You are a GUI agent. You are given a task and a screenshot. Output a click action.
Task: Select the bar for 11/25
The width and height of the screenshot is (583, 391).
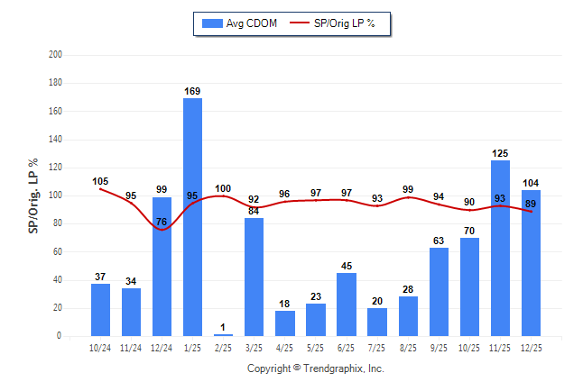[x=500, y=248]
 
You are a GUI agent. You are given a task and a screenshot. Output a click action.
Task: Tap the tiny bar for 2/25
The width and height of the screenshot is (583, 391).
[x=223, y=335]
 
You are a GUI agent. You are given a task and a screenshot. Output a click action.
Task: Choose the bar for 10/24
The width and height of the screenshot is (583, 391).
[x=100, y=310]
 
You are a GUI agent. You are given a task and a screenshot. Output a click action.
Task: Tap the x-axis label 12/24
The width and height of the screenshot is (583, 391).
[x=162, y=347]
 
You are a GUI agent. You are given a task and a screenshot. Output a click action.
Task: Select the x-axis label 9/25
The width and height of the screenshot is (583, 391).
[x=439, y=347]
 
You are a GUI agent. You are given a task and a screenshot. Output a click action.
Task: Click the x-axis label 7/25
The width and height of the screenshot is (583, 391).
[x=377, y=347]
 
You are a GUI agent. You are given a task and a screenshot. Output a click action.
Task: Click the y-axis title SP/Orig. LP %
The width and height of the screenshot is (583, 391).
[x=33, y=195]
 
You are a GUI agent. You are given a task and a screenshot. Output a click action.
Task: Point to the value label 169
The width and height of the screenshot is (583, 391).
[x=192, y=90]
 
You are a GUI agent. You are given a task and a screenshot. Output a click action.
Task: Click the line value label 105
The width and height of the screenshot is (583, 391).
[x=100, y=181]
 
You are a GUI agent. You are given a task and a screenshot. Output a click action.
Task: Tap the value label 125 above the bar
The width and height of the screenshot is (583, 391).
[x=500, y=152]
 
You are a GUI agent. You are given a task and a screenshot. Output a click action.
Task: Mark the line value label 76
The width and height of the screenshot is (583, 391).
[x=162, y=222]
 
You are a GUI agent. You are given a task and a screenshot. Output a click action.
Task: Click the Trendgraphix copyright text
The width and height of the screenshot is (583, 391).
[x=316, y=368]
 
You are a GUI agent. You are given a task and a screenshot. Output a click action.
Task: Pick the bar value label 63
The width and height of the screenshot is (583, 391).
[x=439, y=240]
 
